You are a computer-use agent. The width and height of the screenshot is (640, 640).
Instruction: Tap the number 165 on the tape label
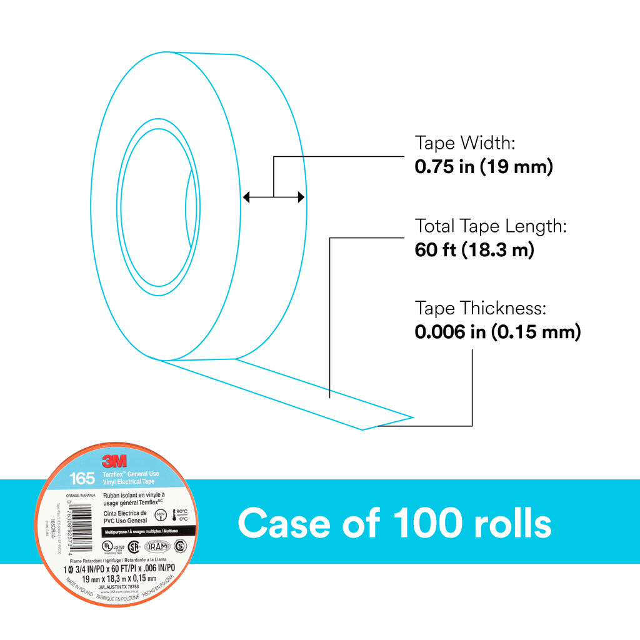pos(82,479)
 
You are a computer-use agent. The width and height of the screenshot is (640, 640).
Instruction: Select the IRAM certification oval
pos(157,546)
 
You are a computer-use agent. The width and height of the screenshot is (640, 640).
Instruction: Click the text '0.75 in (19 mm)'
pos(484,167)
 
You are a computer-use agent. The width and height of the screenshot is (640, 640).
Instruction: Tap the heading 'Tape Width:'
pos(465,143)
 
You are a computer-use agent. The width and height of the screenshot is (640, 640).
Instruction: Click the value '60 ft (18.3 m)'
pos(474,250)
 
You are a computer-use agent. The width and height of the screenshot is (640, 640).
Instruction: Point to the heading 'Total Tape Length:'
pos(491,226)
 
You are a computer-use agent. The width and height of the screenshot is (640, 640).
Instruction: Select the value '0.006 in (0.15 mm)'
pos(497,332)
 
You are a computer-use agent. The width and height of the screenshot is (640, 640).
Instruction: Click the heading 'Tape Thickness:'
pos(481,308)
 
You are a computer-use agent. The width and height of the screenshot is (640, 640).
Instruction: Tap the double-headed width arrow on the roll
pos(274,198)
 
